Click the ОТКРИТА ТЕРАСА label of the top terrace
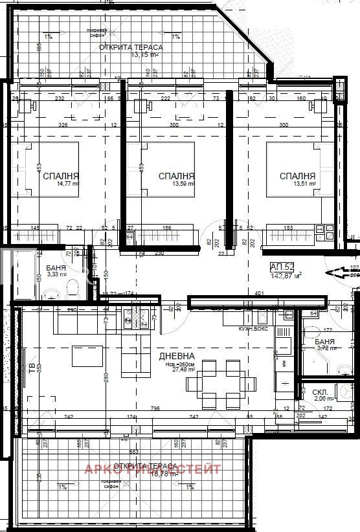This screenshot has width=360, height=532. (x=135, y=47)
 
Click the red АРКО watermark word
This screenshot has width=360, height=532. (x=105, y=469)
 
